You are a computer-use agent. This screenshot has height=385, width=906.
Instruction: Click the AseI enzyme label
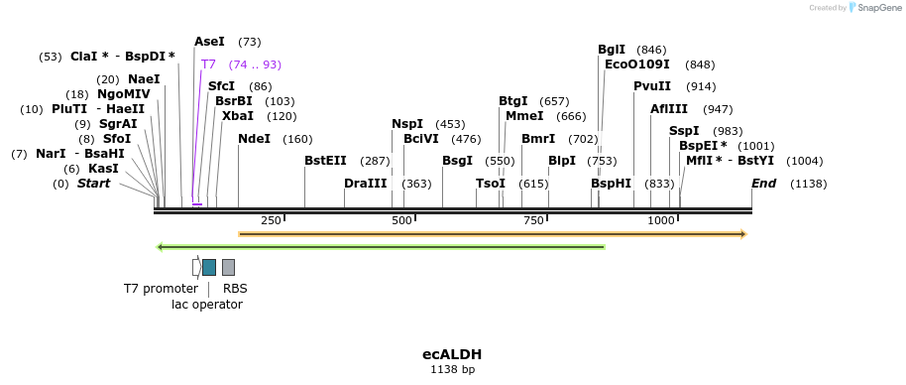pyautogui.click(x=209, y=42)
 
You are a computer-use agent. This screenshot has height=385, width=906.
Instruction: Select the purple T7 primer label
pyautogui.click(x=208, y=64)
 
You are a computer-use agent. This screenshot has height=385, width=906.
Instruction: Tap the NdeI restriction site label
pyautogui.click(x=254, y=139)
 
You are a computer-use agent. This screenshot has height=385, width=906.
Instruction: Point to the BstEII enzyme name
pyautogui.click(x=325, y=161)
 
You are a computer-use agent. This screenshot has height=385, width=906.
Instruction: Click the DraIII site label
pyautogui.click(x=366, y=184)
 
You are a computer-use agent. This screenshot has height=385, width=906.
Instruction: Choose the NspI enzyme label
pyautogui.click(x=407, y=124)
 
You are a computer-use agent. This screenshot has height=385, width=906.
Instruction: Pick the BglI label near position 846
pyautogui.click(x=612, y=50)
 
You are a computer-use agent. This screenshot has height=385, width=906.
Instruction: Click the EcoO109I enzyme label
pyautogui.click(x=637, y=64)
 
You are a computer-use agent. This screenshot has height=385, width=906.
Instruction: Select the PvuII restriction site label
pyautogui.click(x=652, y=86)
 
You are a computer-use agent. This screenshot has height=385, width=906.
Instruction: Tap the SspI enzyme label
pyautogui.click(x=684, y=131)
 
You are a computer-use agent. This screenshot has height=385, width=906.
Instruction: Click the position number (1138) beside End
pyautogui.click(x=808, y=184)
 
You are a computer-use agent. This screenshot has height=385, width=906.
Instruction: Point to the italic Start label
pyautogui.click(x=94, y=184)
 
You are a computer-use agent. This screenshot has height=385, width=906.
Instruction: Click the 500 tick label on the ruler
pyautogui.click(x=401, y=220)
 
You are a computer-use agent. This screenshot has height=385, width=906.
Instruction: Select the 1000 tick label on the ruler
pyautogui.click(x=661, y=220)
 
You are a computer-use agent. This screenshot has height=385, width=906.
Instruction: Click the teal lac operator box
pyautogui.click(x=209, y=267)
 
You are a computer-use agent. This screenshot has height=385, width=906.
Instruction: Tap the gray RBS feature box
pyautogui.click(x=228, y=267)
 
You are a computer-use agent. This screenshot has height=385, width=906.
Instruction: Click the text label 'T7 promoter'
pyautogui.click(x=161, y=289)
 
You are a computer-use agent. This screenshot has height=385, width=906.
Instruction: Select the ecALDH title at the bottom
pyautogui.click(x=452, y=354)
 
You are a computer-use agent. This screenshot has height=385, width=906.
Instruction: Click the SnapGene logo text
pyautogui.click(x=879, y=8)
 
